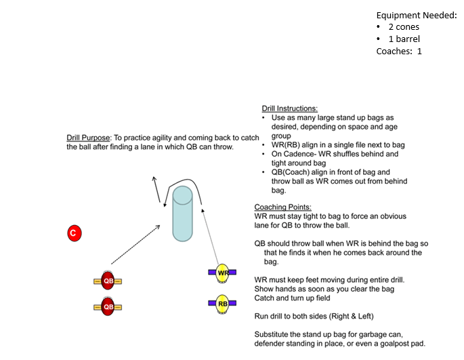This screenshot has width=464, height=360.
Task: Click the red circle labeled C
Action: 74,234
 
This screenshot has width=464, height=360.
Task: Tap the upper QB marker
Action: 108,281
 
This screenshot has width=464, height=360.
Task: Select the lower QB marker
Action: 108,306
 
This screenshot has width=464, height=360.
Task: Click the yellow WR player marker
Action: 222,273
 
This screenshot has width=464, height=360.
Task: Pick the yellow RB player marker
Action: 222,304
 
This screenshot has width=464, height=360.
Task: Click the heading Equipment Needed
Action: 417,15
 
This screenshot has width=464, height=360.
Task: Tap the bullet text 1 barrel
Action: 404,39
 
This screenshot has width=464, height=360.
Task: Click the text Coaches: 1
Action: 399,51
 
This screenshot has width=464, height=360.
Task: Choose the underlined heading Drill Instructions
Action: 289,108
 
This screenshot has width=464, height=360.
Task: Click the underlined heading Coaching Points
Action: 282,207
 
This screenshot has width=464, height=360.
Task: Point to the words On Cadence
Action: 292,154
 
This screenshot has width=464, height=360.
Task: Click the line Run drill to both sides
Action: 314,316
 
